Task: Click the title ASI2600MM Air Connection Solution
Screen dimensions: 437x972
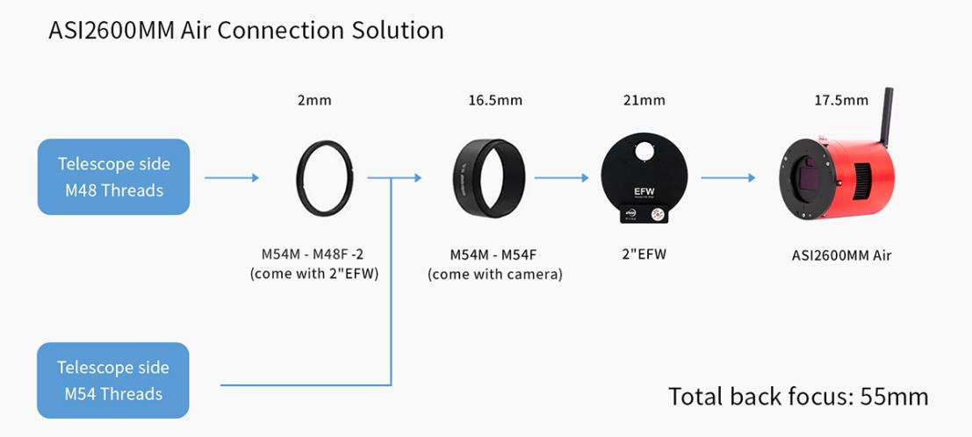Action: point(245,30)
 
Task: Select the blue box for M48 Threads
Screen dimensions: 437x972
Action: point(113,176)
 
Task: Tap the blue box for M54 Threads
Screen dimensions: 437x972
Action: point(113,380)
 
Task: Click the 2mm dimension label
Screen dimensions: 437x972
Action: point(314,100)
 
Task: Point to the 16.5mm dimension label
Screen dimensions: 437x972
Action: point(494,100)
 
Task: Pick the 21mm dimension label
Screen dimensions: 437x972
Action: point(644,100)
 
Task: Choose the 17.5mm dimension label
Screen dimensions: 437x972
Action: point(840,100)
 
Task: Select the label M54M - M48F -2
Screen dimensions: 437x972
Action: point(312,255)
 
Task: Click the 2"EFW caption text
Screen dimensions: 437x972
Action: point(644,255)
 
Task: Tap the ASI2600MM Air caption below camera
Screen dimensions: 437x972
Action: point(840,256)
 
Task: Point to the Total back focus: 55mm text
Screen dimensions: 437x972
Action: point(798,396)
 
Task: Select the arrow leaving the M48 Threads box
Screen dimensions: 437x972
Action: point(232,177)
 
